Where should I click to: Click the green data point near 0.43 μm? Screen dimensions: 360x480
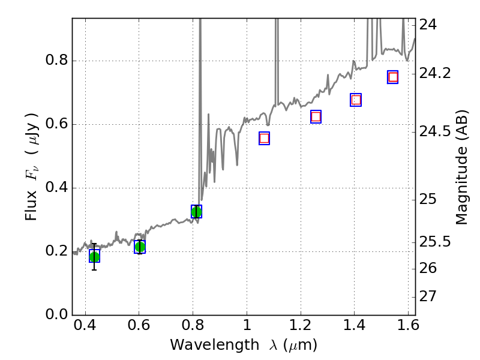(x=94, y=257)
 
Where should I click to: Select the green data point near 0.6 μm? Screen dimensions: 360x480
(x=140, y=247)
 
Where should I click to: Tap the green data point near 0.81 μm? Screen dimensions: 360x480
(x=196, y=212)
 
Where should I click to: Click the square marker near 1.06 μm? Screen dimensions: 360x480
(x=264, y=139)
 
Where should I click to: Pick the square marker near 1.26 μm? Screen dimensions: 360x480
(x=316, y=117)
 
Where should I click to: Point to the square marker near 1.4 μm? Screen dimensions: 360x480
(x=356, y=100)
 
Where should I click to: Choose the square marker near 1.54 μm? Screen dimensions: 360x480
(x=393, y=77)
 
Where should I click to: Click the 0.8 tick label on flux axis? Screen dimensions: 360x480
(x=56, y=61)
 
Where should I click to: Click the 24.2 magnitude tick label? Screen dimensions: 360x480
(x=436, y=73)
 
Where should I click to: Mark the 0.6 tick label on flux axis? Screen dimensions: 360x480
(x=56, y=125)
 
